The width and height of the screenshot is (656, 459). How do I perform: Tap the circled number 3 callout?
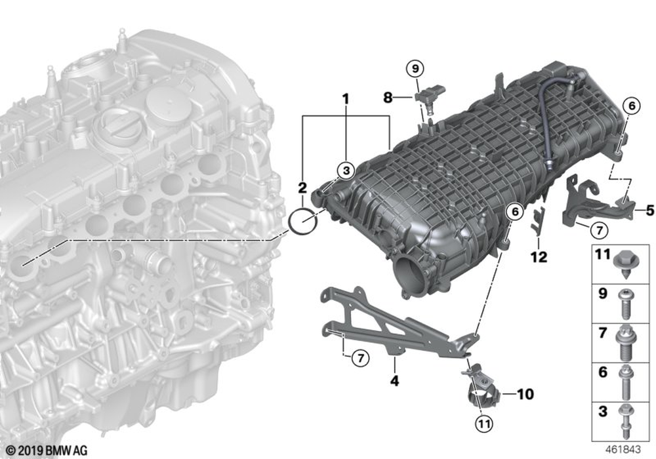click(x=345, y=170)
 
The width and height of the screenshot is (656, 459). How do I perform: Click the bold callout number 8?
click(x=388, y=98)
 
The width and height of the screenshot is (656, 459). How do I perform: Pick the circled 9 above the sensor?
click(x=415, y=67)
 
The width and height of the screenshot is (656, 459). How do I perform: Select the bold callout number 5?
click(x=649, y=210)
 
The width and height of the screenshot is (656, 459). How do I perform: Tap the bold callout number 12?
click(x=539, y=258)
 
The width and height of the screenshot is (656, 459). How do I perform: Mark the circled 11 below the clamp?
click(x=483, y=424)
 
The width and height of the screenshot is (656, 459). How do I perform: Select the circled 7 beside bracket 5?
click(x=598, y=229)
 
